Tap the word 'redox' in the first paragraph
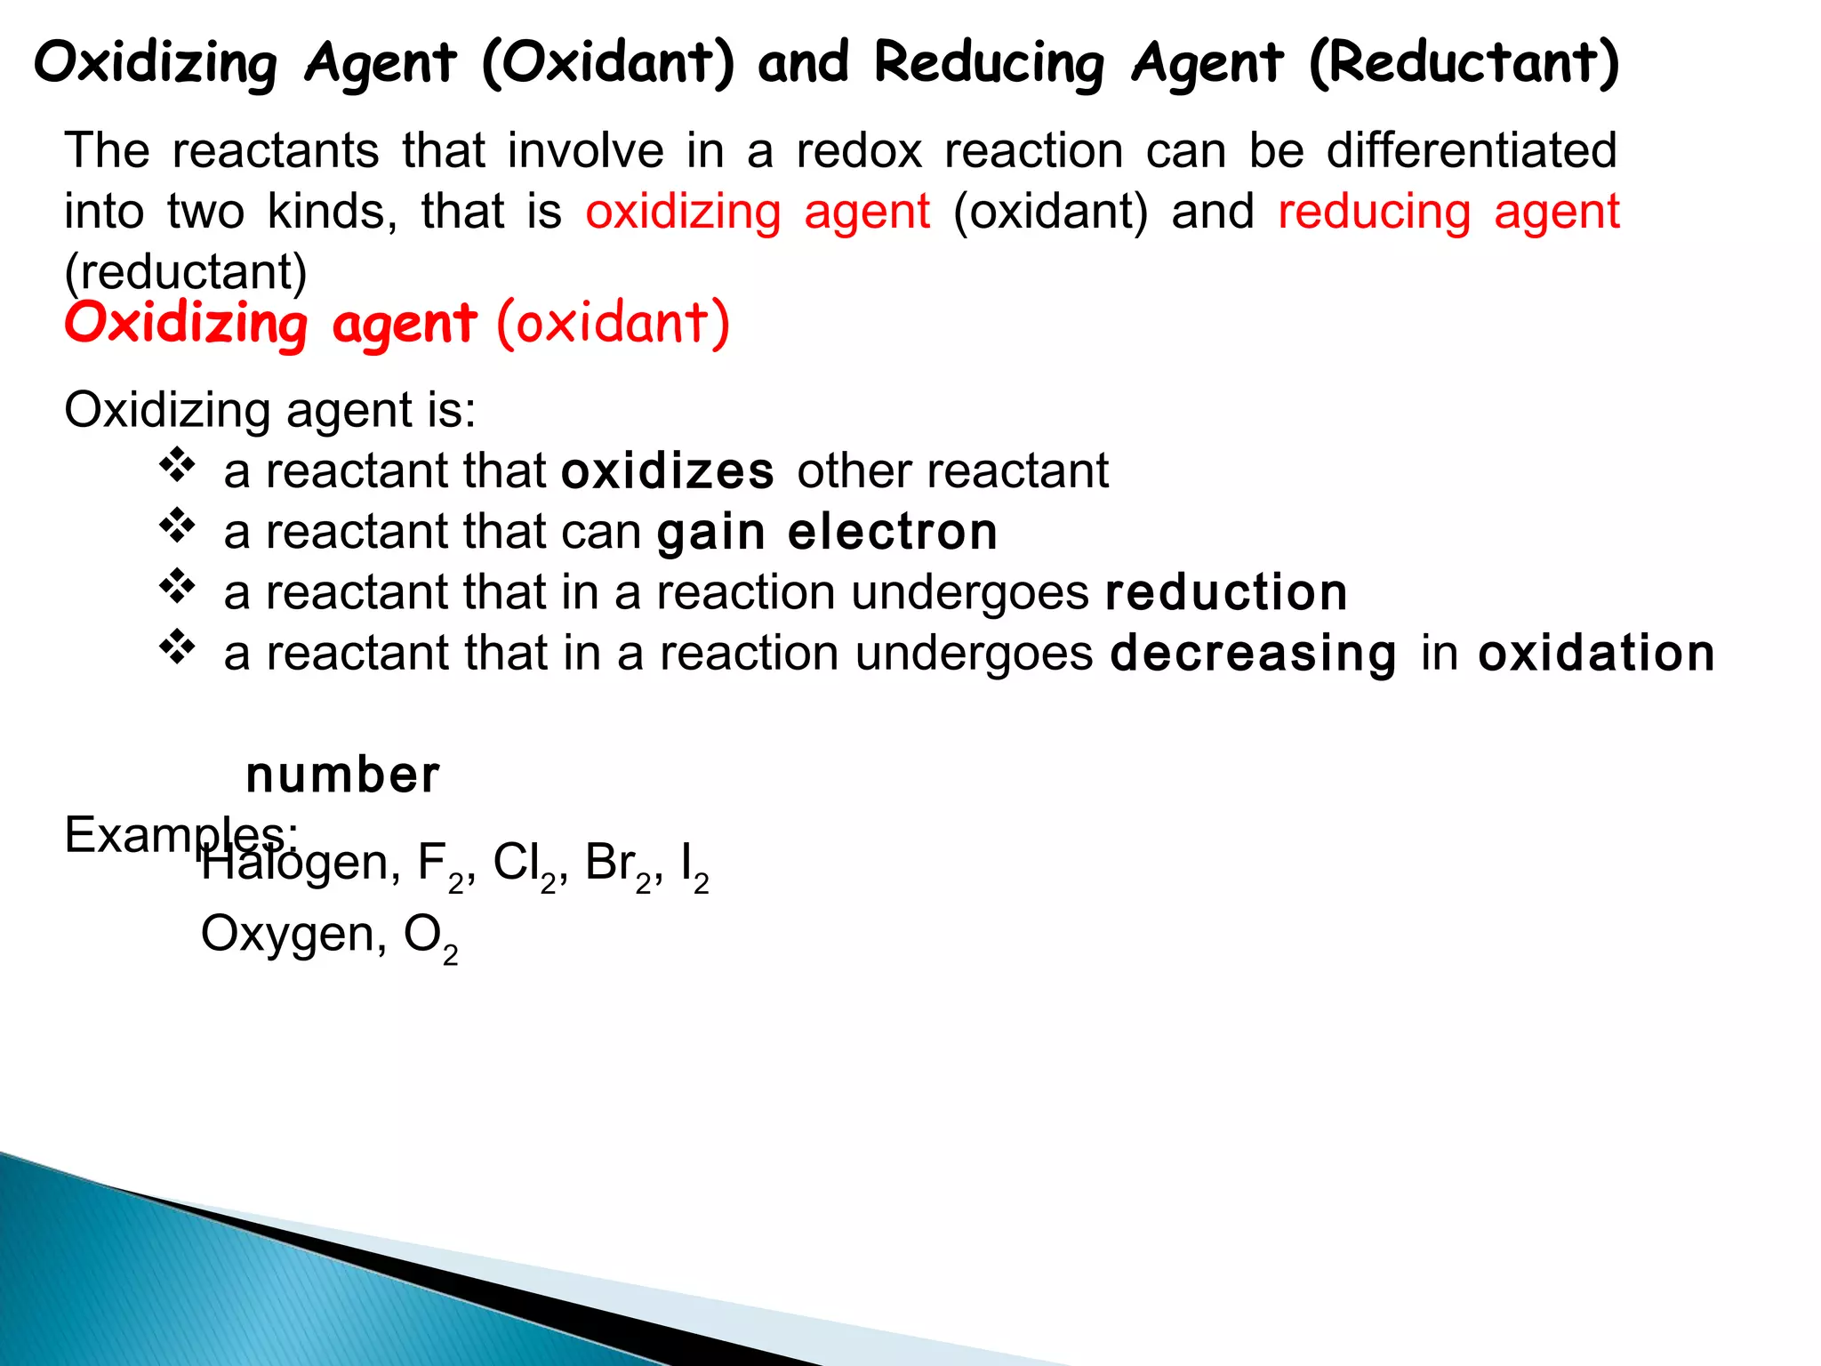pos(859,150)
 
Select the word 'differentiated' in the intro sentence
pos(1472,150)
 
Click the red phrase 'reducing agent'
pos(1448,212)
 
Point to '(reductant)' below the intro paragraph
pos(186,271)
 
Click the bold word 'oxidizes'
pos(668,470)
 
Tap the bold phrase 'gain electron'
pos(827,532)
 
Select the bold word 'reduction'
pos(1226,592)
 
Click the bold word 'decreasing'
pos(1254,654)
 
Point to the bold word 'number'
pos(342,775)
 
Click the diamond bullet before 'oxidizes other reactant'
pos(178,465)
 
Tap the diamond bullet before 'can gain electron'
pos(178,526)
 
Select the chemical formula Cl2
pos(524,865)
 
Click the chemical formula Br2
pos(618,865)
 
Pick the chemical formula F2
pos(440,865)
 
